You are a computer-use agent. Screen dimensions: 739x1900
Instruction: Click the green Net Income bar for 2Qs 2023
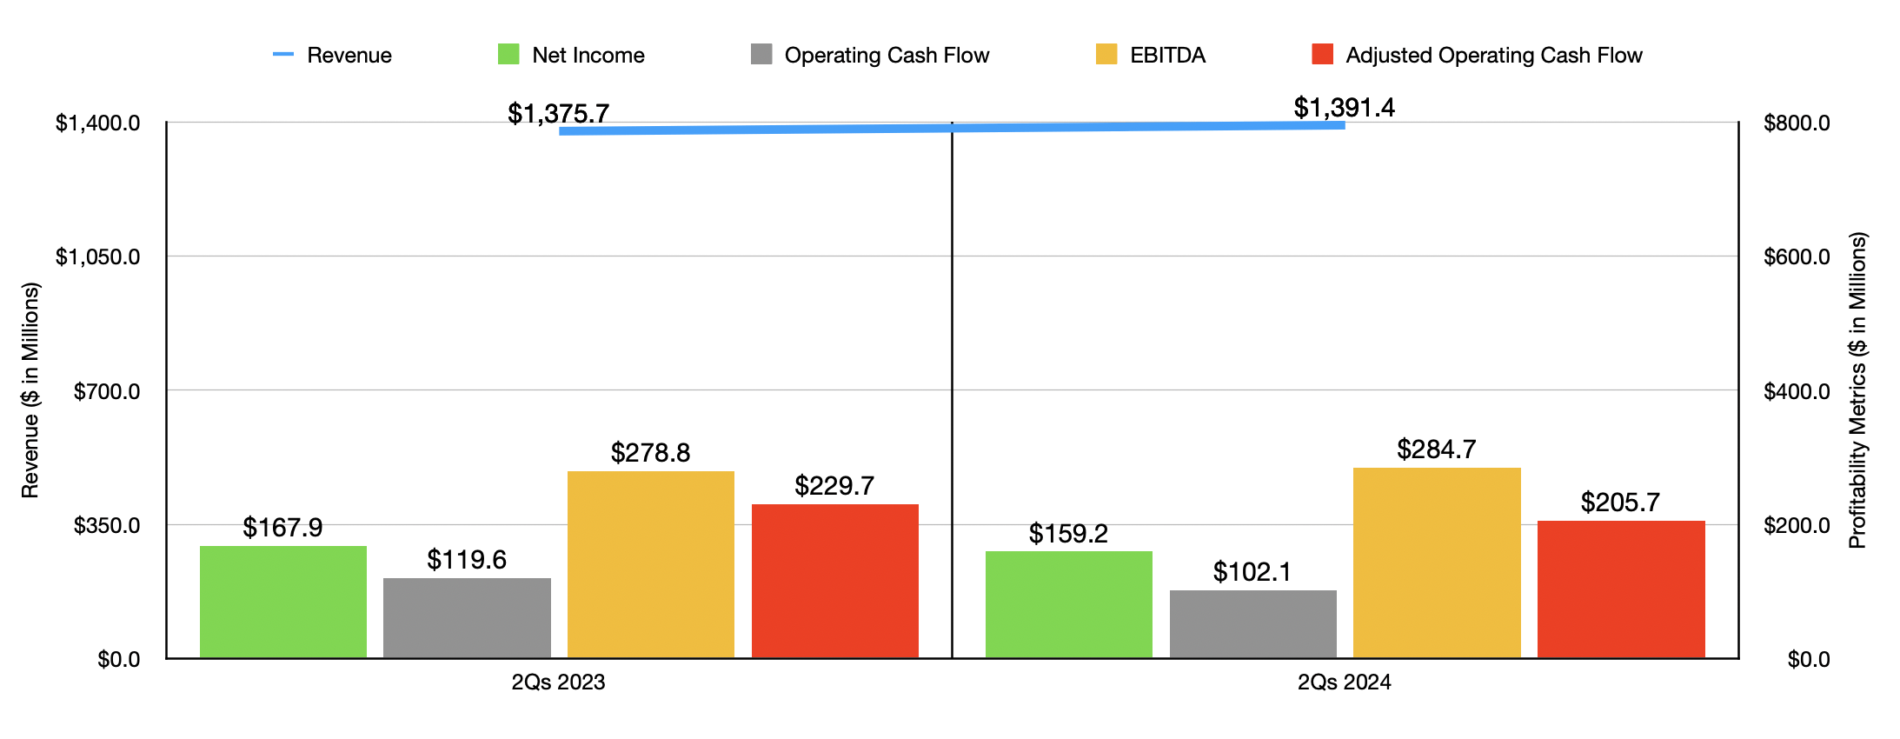[x=283, y=602]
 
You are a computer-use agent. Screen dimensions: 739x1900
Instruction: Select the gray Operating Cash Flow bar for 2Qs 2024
[x=1252, y=623]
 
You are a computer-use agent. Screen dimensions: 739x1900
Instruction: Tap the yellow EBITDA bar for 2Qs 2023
[x=650, y=564]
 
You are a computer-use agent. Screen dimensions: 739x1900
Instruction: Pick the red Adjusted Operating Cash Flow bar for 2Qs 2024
[x=1620, y=589]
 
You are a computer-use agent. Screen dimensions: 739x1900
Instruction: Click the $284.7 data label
[x=1436, y=449]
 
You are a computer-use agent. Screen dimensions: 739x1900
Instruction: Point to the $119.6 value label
[x=467, y=560]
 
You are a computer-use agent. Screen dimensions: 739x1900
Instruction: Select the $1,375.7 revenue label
[x=558, y=113]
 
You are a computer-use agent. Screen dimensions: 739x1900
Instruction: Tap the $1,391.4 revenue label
[x=1344, y=108]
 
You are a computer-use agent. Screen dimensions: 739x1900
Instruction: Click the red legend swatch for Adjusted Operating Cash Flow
[x=1322, y=55]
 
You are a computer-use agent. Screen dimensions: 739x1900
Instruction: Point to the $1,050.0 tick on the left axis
[x=97, y=257]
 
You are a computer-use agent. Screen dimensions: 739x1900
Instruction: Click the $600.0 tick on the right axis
[x=1797, y=257]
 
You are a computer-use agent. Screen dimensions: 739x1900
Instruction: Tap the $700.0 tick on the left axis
[x=106, y=391]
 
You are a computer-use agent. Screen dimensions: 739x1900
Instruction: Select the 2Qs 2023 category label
[x=558, y=682]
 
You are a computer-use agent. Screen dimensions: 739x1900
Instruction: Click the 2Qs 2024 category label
[x=1344, y=682]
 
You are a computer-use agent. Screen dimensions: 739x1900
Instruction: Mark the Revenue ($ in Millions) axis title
[x=30, y=390]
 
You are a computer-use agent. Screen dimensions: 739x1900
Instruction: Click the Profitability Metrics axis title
[x=1857, y=390]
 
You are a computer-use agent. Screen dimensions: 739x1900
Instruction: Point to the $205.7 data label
[x=1620, y=503]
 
